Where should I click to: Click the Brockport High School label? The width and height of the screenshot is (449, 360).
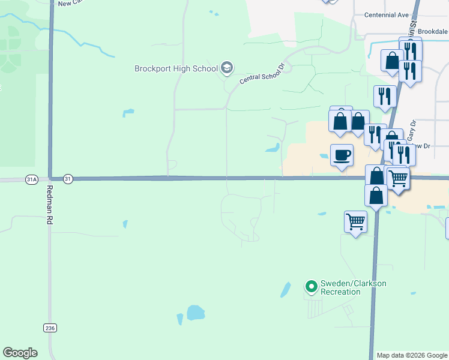tap(176, 68)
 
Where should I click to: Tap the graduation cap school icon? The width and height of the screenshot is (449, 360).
tap(227, 68)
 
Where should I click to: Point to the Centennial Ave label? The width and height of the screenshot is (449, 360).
tap(387, 14)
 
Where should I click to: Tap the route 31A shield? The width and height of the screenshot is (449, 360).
tap(32, 179)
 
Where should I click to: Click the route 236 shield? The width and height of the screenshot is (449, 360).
tap(50, 327)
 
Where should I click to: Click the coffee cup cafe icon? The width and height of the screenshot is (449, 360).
tap(342, 155)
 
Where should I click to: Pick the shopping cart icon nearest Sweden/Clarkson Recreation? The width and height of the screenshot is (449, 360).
tap(355, 221)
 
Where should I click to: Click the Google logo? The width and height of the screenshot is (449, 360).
tap(20, 352)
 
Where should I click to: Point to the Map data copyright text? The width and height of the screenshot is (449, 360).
tap(411, 355)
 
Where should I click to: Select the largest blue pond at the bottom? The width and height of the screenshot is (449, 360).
tap(195, 313)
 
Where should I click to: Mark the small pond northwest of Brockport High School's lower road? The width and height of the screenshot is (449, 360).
tap(128, 112)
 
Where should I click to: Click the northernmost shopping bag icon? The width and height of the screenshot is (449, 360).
tap(392, 61)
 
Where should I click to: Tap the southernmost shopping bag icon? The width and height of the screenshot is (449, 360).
tap(376, 196)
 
